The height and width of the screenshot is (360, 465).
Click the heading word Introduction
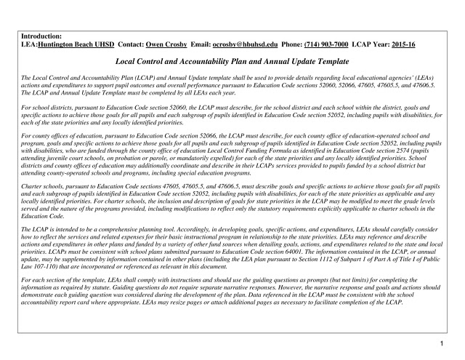(41, 36)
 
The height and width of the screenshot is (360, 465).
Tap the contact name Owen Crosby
(166, 44)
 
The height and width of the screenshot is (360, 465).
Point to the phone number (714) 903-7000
(323, 44)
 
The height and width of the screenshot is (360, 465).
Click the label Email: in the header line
(199, 44)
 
